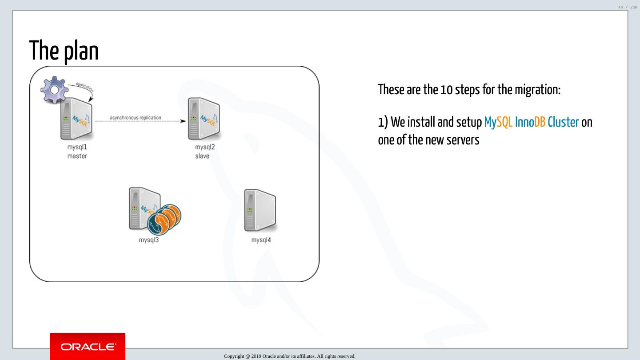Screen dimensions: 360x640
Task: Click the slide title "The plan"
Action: click(64, 50)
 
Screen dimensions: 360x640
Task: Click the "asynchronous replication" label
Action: click(136, 118)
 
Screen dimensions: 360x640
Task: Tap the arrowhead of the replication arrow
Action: click(182, 120)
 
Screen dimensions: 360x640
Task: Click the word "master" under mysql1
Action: click(77, 156)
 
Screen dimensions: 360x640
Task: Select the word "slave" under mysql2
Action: click(202, 156)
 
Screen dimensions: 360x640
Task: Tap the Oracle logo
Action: click(88, 346)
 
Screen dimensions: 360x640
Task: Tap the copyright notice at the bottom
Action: click(290, 356)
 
